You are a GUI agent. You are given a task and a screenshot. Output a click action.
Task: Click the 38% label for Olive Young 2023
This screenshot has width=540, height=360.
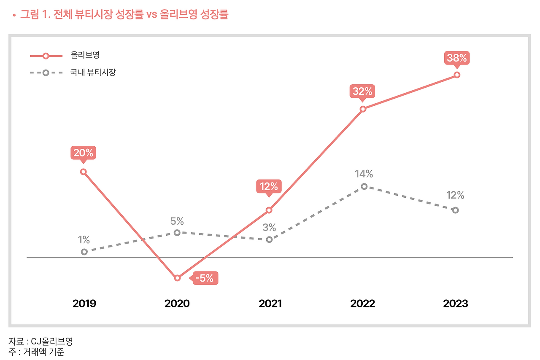coord(456,58)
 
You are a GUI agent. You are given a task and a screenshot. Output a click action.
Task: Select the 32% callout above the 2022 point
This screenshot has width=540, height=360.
coord(362,91)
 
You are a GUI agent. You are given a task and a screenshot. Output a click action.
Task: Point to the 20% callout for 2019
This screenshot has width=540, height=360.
coord(84,153)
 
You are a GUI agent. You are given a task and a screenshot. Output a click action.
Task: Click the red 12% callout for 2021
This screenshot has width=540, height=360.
coord(269,186)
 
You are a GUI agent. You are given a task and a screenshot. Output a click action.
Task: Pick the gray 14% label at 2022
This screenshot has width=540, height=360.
coord(364,174)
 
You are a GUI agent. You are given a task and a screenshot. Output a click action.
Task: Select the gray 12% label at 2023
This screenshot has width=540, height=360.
coord(455,196)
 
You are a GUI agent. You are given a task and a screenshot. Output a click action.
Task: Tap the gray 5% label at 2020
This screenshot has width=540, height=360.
coord(177,221)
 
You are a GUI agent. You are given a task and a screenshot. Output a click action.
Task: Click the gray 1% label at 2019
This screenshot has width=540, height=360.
coord(84,240)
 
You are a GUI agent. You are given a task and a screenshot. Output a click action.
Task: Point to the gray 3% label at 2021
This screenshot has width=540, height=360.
coord(269,228)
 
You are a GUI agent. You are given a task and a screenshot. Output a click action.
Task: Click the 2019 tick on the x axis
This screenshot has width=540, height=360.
coord(84,304)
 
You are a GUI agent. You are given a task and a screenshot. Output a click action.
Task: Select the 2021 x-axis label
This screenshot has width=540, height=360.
coord(270,304)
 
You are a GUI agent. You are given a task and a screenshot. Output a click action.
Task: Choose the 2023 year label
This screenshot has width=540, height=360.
coord(456,304)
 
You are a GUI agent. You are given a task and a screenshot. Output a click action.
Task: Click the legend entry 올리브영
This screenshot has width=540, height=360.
coord(85,55)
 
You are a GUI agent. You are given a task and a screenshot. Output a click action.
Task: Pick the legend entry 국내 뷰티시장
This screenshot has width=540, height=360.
coord(93,73)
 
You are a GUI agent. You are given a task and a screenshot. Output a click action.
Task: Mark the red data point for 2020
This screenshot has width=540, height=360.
coord(177,278)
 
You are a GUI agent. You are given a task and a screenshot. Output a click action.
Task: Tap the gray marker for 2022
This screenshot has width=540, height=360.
coord(364,186)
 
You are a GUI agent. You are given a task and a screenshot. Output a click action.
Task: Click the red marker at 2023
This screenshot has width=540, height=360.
coord(457,75)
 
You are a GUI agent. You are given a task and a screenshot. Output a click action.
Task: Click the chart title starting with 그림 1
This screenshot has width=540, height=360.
coord(124,15)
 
